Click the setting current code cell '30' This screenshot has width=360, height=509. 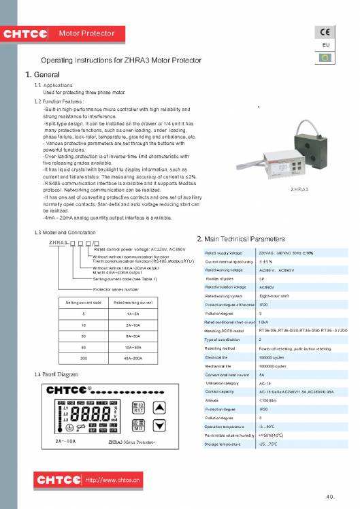click(x=83, y=335)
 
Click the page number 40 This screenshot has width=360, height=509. click(x=330, y=495)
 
